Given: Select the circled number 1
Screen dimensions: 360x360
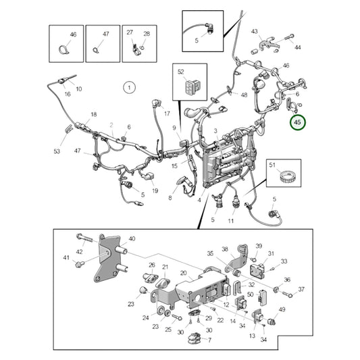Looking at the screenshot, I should point(128,86).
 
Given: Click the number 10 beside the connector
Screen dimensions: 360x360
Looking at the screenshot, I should point(78,89).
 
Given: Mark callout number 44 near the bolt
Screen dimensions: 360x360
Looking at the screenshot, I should point(297,47).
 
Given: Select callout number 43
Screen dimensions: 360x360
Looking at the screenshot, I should point(255,32).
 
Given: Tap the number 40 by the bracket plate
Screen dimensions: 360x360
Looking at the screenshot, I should point(132,238).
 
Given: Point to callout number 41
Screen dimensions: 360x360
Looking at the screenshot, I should point(66,258).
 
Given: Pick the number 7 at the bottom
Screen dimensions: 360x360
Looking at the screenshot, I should point(209,340).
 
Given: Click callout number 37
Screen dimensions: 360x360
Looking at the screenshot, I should point(301,289).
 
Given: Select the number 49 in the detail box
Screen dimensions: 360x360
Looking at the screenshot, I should point(282,310).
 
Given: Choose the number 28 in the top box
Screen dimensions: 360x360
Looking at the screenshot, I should point(147,32).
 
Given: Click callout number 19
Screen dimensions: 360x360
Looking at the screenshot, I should point(155,191).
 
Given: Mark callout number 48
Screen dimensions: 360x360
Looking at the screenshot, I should point(244,95).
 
